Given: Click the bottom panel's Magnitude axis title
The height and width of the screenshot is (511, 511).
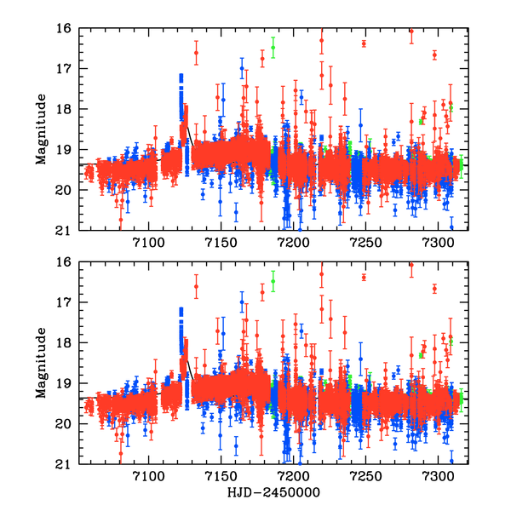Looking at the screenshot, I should click(x=41, y=364).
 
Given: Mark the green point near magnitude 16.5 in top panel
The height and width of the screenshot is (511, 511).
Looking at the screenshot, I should click(x=273, y=48).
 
